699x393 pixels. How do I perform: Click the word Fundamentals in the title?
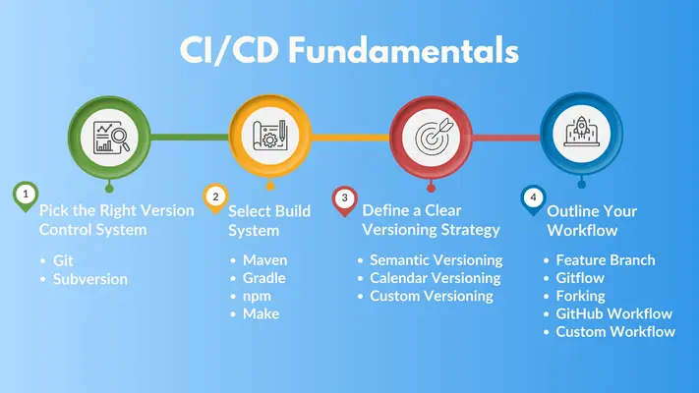(x=403, y=50)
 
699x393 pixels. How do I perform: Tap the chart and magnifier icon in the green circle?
(x=111, y=138)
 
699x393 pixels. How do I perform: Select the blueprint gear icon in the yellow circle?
(x=269, y=135)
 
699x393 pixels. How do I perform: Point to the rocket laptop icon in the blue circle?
(x=581, y=132)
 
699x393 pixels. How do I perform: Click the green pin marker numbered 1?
(x=26, y=196)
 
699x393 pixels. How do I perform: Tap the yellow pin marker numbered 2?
(x=215, y=198)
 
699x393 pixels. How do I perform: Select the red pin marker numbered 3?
(x=345, y=200)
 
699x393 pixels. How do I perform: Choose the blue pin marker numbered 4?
(x=533, y=199)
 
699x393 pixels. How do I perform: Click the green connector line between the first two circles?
(x=190, y=138)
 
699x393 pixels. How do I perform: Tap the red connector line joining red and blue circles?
(x=506, y=138)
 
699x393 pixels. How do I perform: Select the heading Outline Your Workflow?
(x=592, y=220)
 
